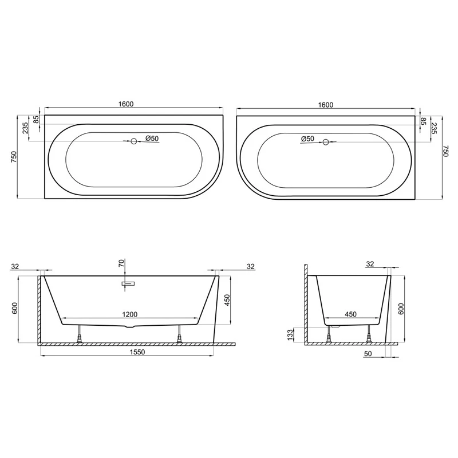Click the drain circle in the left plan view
coord(134,141)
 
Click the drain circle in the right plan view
coord(326,142)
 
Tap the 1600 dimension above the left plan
coord(126,104)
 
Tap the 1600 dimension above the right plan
coord(326,105)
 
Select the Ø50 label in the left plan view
coord(152,138)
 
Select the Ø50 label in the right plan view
coord(307,139)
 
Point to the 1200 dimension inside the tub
coord(130,314)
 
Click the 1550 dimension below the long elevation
coord(137,352)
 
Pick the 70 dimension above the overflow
coord(121,263)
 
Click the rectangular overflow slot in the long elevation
coord(128,283)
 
